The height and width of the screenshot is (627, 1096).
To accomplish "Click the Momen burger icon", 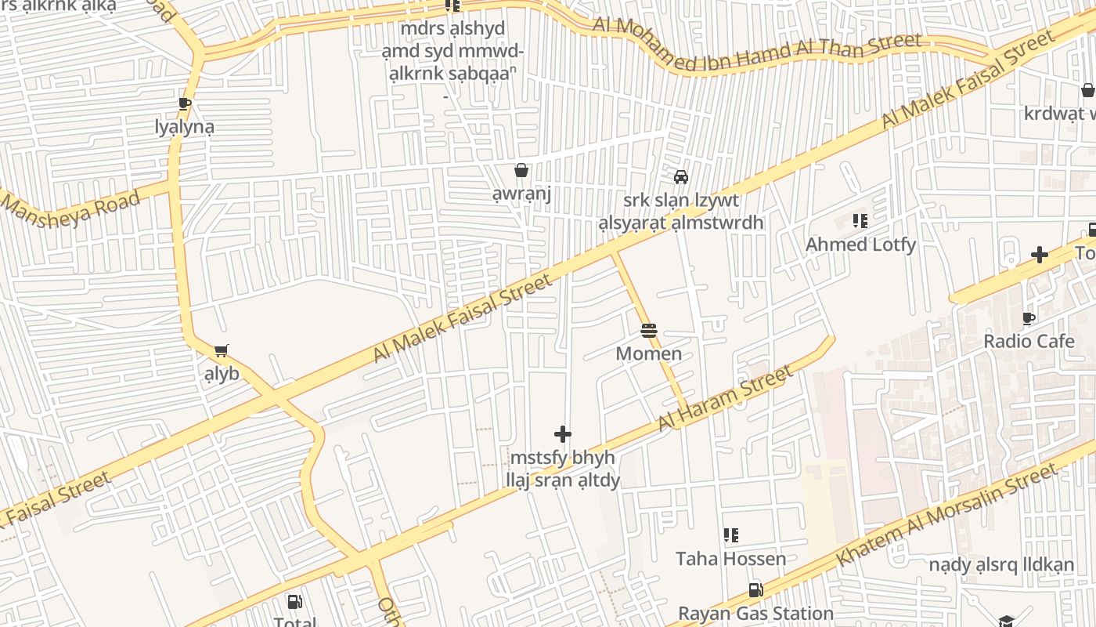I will click(648, 331).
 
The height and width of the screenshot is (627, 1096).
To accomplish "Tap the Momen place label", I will click(648, 353).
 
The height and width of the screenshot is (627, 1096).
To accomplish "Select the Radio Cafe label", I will click(1029, 341).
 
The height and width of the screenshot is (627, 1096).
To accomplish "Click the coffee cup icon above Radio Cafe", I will click(1029, 318).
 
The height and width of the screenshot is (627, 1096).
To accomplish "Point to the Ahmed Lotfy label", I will click(860, 245).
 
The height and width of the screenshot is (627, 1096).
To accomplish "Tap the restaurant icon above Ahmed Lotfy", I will click(860, 222).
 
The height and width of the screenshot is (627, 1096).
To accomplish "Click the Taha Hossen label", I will click(730, 559).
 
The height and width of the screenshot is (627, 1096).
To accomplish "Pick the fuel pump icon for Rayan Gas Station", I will click(755, 590).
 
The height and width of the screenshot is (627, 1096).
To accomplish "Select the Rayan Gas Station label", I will click(755, 613).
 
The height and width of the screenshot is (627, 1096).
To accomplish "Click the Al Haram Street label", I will click(725, 399).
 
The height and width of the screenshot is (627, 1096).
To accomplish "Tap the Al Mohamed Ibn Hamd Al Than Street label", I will click(756, 45).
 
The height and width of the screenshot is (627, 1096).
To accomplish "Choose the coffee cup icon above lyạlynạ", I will click(184, 103).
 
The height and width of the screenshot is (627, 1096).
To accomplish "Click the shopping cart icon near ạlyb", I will click(222, 350).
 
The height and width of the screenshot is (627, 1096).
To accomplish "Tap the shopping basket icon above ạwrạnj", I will click(521, 170).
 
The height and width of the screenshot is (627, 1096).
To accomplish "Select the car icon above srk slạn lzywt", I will click(681, 176).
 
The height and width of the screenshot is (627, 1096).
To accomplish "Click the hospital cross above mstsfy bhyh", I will click(563, 434).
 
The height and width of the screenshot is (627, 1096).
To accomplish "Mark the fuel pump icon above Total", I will click(294, 602).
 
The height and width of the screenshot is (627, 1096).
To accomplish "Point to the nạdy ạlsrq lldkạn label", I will click(1001, 564).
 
